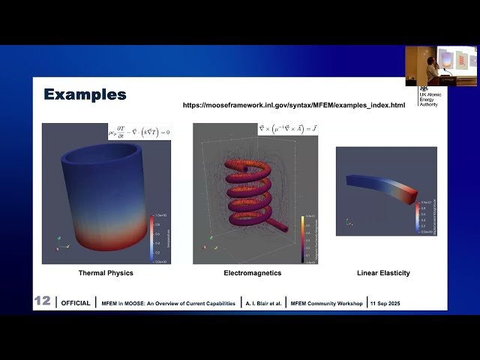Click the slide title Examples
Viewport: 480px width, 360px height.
tap(85, 94)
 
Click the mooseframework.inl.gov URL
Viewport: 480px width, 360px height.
tap(294, 105)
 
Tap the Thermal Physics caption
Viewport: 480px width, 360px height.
tap(106, 273)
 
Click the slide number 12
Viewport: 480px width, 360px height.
tap(42, 301)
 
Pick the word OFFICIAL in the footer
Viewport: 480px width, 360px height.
tap(76, 304)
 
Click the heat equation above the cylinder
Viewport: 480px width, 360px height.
tap(139, 131)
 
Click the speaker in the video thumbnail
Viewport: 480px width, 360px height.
tap(433, 68)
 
